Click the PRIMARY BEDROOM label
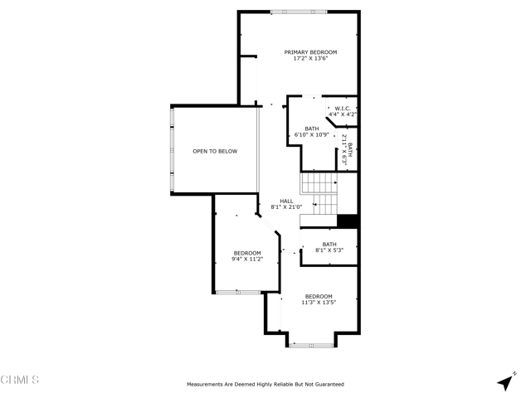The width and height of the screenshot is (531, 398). (310, 52)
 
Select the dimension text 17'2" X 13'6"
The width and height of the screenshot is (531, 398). (310, 58)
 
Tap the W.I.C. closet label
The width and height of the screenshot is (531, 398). (343, 109)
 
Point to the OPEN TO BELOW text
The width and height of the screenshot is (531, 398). (215, 151)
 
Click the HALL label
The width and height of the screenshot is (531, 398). (286, 201)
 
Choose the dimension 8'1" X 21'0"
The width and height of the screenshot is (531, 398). (286, 207)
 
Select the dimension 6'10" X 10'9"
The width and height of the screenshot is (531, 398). (312, 134)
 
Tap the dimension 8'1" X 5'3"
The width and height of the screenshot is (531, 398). (329, 250)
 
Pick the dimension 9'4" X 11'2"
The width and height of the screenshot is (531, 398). (247, 260)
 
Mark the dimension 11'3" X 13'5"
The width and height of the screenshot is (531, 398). (319, 303)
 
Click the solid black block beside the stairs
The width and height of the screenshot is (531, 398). (348, 221)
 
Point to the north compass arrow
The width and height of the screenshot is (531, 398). (505, 382)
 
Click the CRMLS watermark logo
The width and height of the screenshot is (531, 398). (20, 380)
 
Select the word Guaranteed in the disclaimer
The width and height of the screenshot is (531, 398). (329, 385)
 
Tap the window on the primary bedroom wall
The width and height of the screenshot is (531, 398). (299, 12)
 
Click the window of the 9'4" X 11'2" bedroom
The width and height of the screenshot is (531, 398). (238, 292)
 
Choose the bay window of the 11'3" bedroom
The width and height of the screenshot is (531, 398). (312, 346)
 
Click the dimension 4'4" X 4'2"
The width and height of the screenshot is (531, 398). (343, 114)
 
